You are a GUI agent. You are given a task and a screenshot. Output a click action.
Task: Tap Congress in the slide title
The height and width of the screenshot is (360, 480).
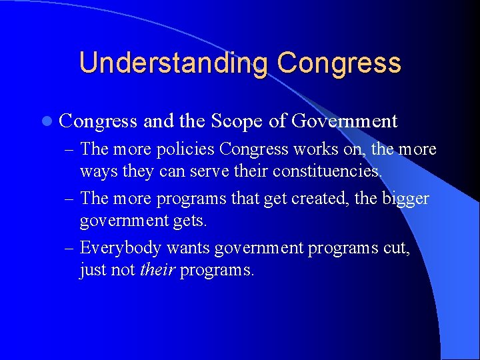339,63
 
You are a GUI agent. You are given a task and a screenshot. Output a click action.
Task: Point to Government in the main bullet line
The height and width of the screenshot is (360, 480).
345,121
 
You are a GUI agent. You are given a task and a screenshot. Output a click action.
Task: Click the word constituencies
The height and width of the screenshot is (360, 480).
327,171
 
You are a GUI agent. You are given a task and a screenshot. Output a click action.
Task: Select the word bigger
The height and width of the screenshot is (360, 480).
406,199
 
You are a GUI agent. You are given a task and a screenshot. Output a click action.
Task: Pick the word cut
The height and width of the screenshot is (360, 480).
397,249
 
